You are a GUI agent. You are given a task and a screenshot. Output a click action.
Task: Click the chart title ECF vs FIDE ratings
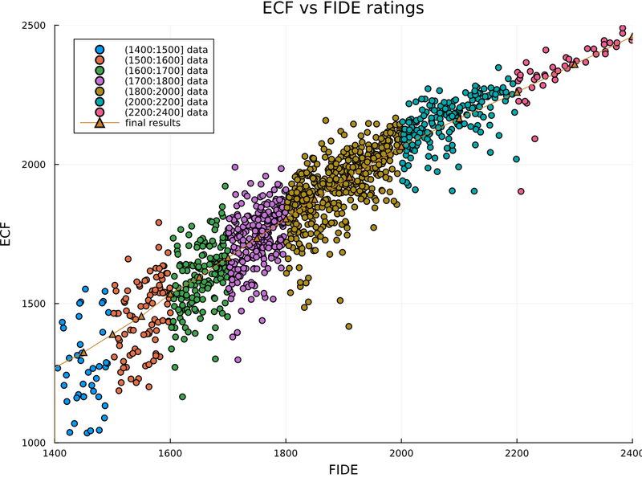click(x=343, y=9)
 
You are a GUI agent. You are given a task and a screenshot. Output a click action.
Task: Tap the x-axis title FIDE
click(x=343, y=469)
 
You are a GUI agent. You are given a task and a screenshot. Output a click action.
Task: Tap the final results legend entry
click(x=158, y=123)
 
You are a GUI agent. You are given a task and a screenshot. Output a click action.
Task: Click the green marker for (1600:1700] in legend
click(x=100, y=71)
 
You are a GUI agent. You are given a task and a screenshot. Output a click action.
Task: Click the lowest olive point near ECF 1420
click(x=349, y=326)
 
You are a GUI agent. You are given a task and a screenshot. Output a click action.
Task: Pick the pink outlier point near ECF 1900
click(x=521, y=191)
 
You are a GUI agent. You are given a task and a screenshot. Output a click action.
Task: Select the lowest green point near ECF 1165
click(x=182, y=397)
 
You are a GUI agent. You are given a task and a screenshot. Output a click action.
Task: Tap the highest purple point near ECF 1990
click(x=235, y=168)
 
